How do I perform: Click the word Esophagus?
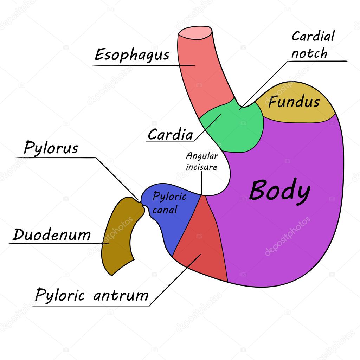pyautogui.click(x=132, y=55)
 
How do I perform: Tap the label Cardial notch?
pyautogui.click(x=313, y=45)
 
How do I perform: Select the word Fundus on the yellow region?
pyautogui.click(x=294, y=102)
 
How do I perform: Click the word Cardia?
pyautogui.click(x=171, y=135)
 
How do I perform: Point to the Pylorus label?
pyautogui.click(x=51, y=148)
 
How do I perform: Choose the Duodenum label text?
pyautogui.click(x=52, y=235)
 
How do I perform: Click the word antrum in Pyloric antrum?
pyautogui.click(x=121, y=295)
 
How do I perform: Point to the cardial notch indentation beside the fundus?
pyautogui.click(x=242, y=105)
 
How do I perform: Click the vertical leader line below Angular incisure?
pyautogui.click(x=202, y=183)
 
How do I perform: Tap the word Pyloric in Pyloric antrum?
pyautogui.click(x=60, y=295)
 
